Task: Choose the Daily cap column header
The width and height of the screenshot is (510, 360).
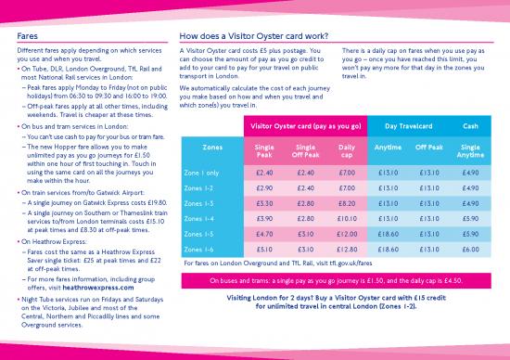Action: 347,150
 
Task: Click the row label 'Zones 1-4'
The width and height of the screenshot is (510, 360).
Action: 202,218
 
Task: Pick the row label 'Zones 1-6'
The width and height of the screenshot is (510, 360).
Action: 202,249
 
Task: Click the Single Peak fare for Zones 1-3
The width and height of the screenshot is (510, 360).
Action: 263,203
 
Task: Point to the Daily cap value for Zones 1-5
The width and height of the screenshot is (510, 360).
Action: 348,234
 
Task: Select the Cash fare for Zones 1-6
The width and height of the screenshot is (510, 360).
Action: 470,249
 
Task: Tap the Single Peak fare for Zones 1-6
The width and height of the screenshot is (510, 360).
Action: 263,249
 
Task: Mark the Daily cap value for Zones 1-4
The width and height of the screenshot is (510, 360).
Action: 348,218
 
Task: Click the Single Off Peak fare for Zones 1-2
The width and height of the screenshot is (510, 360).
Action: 305,187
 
